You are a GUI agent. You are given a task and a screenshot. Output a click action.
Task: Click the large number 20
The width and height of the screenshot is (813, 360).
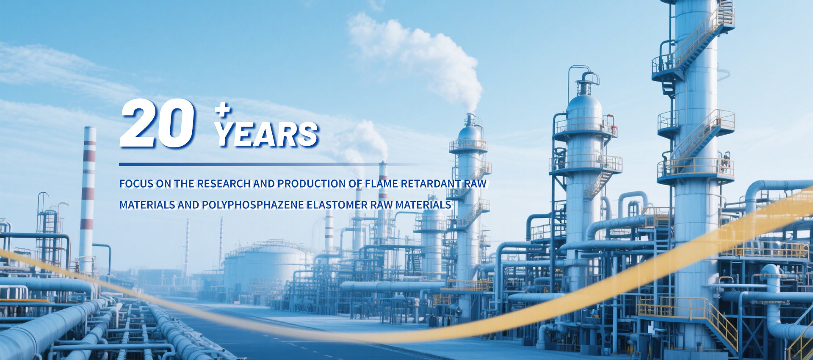point(157,123)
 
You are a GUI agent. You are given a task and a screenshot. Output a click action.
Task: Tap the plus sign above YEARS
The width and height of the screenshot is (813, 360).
point(222,111)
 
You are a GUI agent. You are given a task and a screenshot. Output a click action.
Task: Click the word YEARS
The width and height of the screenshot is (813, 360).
point(267,134)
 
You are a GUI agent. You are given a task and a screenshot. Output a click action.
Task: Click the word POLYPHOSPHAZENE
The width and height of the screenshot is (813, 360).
point(253,205)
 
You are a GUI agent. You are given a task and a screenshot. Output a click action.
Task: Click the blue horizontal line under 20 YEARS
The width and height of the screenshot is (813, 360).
point(271,164)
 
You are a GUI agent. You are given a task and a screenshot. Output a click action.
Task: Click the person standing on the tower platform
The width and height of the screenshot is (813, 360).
point(727,163)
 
